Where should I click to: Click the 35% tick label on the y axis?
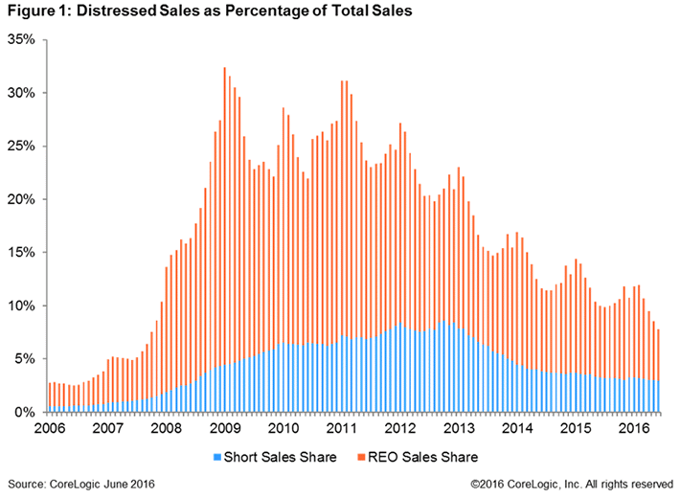[21, 40]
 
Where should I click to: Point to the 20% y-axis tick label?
[21, 199]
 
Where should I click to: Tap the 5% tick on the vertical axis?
[24, 358]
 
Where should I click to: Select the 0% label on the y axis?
[24, 412]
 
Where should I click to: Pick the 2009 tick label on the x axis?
[225, 428]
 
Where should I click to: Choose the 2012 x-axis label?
[398, 428]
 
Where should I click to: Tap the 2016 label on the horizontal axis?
[629, 428]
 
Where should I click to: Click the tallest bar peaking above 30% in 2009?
[224, 239]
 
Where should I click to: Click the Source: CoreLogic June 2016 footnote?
[81, 485]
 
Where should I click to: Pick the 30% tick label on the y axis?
[21, 93]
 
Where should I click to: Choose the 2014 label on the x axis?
[514, 428]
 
